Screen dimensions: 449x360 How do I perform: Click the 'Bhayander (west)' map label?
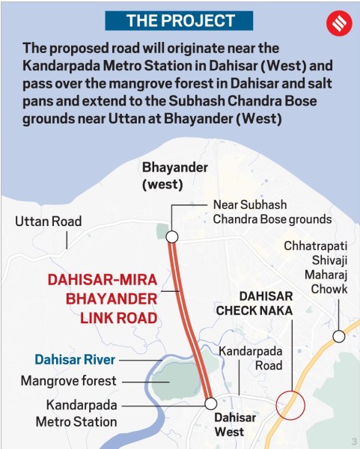tap(175, 175)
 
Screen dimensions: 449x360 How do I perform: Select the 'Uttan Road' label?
tap(49, 222)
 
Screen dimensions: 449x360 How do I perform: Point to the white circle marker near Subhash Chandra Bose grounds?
tap(171, 236)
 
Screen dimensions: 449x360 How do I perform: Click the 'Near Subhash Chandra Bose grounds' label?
tap(272, 212)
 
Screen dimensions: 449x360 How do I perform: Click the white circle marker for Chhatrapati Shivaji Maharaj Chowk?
tap(339, 336)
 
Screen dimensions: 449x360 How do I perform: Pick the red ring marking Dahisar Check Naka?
tap(290, 405)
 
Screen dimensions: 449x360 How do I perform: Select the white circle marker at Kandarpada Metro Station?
tap(211, 403)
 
